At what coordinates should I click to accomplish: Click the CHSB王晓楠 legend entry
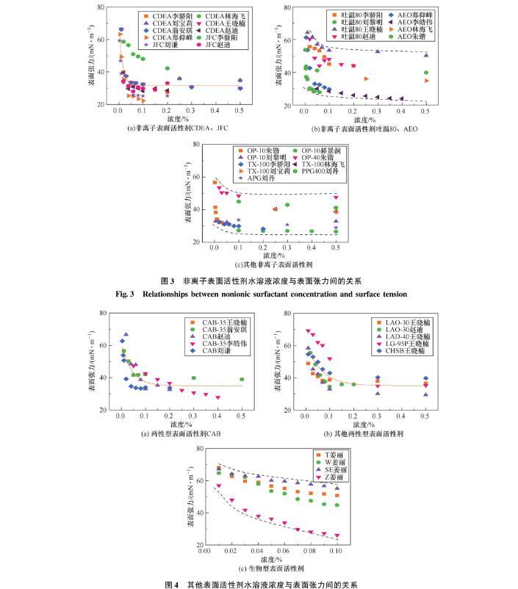(401, 351)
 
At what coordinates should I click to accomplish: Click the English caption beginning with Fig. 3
(259, 293)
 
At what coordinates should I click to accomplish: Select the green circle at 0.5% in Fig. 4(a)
(242, 380)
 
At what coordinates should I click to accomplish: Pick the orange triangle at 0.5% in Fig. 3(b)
(426, 81)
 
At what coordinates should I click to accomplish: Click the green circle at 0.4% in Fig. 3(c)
(312, 231)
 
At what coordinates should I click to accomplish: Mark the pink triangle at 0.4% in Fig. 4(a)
(217, 397)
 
